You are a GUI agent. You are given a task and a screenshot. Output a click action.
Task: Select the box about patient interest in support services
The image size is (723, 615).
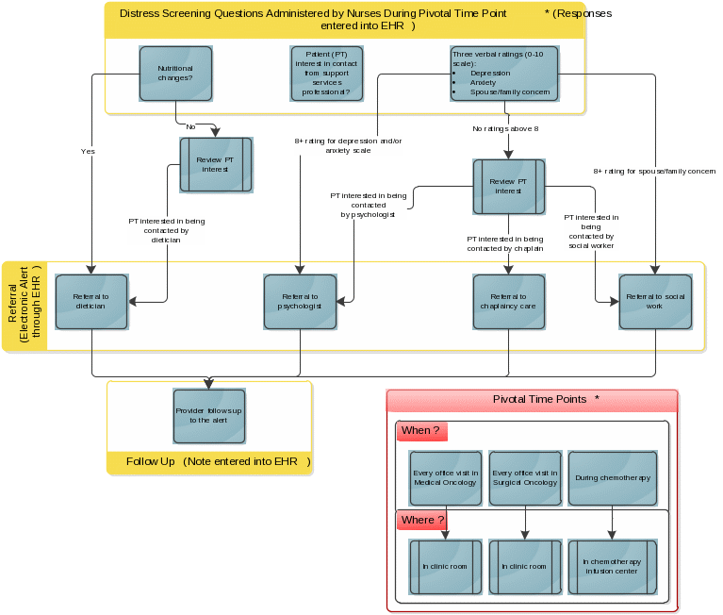pos(326,74)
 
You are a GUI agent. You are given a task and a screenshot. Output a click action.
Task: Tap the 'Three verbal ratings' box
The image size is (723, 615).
pos(504,74)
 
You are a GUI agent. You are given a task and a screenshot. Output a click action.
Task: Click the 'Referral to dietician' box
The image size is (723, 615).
pos(91,302)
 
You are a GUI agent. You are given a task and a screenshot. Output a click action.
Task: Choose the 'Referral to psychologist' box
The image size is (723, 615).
pos(301,302)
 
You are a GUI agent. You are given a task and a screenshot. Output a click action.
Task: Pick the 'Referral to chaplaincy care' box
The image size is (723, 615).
pos(509,302)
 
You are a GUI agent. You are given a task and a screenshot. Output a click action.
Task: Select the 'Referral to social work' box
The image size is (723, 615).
pos(656,302)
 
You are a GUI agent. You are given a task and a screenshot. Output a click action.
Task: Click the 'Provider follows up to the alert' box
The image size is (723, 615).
pos(208,416)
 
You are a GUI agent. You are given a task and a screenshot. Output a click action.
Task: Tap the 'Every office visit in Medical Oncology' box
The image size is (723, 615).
pos(446,478)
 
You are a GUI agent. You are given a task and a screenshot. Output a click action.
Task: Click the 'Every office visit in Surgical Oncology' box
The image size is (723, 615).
pos(525,478)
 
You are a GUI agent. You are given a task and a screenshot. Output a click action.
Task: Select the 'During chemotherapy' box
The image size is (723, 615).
pos(613,478)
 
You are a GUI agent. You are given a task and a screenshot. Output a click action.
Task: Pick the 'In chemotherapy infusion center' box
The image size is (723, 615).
pos(613,567)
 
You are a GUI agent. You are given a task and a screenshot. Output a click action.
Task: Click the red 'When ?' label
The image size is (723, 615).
pos(421,431)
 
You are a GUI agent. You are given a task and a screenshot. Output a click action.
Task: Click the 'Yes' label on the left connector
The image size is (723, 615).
pos(89,151)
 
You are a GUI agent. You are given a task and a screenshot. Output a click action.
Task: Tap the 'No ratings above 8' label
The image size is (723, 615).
pos(505,128)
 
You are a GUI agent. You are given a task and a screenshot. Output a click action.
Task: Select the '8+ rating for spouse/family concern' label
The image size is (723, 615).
pos(654,172)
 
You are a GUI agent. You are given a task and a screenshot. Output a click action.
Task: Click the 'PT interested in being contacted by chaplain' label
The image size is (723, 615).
pos(505,244)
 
